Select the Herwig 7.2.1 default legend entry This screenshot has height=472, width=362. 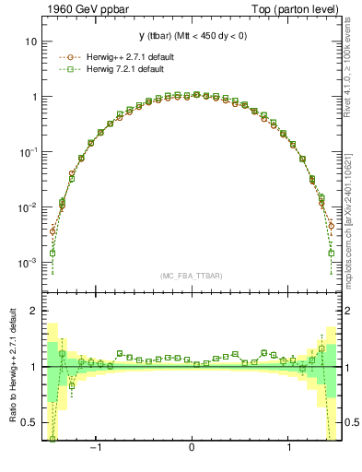(x=129, y=69)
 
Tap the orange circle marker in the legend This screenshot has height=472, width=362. (x=66, y=56)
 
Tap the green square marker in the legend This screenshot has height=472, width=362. (x=66, y=69)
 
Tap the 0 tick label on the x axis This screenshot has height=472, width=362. (x=191, y=447)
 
